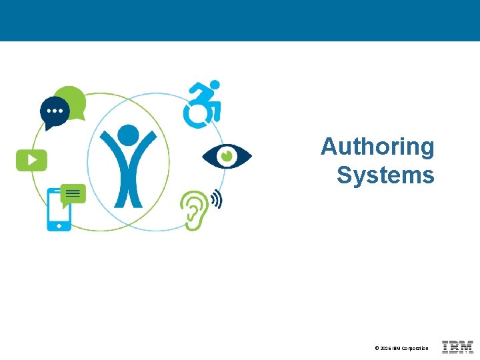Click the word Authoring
(377, 147)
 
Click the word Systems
(385, 175)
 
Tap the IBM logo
(458, 347)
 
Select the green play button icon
(31, 160)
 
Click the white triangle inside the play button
(32, 160)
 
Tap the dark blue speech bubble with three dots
(54, 111)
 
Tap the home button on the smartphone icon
(59, 226)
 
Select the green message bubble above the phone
(73, 194)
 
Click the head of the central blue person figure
(128, 135)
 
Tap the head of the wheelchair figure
(215, 85)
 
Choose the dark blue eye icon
(227, 157)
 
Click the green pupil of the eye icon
(227, 156)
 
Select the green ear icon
(193, 209)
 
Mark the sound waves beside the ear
(216, 199)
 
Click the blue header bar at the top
(240, 20)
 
